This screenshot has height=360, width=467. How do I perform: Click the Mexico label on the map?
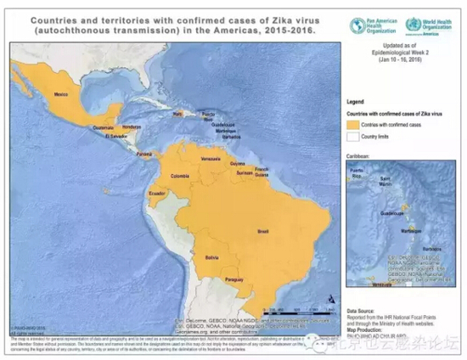click(61, 94)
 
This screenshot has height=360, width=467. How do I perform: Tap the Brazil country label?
click(263, 231)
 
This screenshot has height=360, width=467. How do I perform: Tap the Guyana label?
click(237, 163)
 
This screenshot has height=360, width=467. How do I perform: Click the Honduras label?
click(131, 127)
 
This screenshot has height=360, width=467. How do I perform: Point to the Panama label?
click(145, 154)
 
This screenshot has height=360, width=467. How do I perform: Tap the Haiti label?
click(177, 112)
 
